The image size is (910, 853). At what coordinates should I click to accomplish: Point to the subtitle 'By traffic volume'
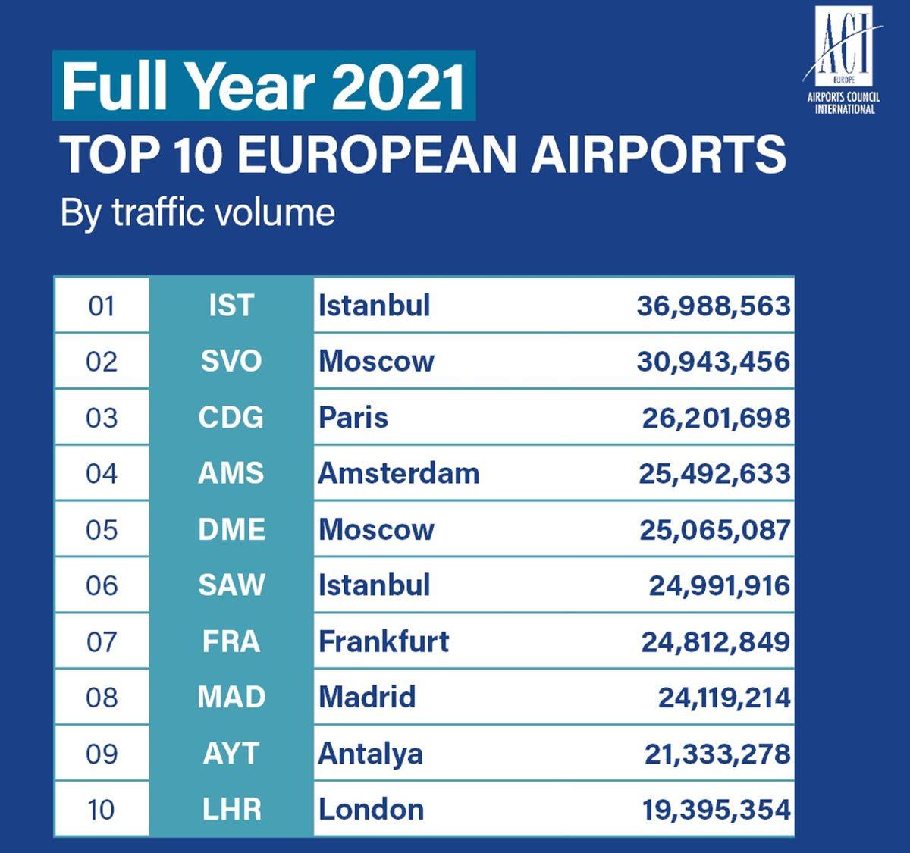point(197,212)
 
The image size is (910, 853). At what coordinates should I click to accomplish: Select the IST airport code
point(231,306)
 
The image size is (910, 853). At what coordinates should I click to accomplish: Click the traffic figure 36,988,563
point(713,306)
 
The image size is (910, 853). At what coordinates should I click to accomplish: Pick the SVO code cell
point(231,361)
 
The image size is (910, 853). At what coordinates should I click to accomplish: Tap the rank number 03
point(102,417)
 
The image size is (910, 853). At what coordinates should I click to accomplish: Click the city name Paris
point(353,417)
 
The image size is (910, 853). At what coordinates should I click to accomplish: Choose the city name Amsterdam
point(399,473)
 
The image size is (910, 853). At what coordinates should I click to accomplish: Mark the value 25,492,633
point(714,473)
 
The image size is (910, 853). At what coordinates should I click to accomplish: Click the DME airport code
point(231,529)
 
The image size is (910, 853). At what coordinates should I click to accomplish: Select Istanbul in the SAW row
point(375,585)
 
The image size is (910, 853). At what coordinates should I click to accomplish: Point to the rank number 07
point(102,641)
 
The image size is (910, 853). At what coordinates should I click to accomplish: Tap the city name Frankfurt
point(384,641)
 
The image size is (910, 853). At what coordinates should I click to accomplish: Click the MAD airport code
point(231,697)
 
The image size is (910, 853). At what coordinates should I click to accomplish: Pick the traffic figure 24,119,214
point(724,697)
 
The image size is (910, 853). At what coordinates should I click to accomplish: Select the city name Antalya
point(371,754)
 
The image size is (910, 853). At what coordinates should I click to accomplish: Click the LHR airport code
point(231,809)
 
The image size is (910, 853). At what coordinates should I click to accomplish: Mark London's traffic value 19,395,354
point(717,809)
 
